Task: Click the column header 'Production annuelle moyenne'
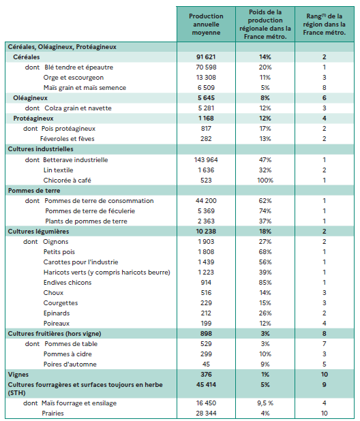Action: coord(206,25)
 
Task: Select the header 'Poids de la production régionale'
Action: coord(265,25)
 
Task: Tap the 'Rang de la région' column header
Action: coord(325,25)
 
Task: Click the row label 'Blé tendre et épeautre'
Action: coord(78,67)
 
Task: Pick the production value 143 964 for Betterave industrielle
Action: coord(206,159)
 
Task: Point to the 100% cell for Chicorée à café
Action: coord(265,180)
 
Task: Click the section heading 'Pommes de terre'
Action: coord(33,190)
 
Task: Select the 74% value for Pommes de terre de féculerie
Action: coord(265,210)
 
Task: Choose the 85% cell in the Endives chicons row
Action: coord(265,282)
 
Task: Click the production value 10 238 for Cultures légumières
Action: coord(206,231)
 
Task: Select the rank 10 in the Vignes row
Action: coord(325,374)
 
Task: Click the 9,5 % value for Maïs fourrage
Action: coord(265,403)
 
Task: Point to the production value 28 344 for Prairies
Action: coord(206,414)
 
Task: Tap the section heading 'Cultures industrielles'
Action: coord(40,149)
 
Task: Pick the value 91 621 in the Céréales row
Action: coord(206,57)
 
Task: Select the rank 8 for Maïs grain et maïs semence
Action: coord(325,88)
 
